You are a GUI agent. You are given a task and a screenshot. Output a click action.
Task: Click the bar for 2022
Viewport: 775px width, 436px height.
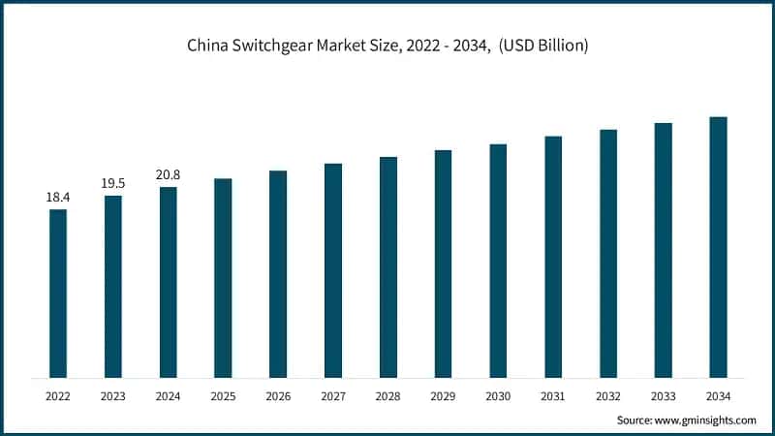point(58,294)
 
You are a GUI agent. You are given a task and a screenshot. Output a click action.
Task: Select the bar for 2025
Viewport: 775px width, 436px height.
point(223,278)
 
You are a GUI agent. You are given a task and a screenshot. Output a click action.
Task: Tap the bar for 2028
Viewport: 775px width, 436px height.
point(388,267)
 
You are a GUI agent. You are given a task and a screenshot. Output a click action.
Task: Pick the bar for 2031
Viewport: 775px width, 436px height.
point(553,257)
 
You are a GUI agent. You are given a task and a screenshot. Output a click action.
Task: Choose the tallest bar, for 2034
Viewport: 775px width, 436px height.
point(718,247)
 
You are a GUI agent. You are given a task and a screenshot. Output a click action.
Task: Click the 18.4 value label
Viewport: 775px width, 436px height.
point(58,198)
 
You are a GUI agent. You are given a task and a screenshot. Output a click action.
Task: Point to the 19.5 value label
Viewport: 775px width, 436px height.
point(113,184)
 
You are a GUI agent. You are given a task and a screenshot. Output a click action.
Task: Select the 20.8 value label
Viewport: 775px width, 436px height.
point(169,175)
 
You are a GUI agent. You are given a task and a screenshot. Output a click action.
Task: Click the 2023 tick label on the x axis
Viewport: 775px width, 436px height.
point(113,395)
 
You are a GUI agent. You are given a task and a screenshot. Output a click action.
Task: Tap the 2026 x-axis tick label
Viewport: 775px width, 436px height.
point(278,395)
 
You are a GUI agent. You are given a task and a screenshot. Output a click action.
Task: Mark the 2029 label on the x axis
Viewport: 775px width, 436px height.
point(443,395)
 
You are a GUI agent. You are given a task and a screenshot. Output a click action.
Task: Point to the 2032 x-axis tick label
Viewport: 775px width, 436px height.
point(608,395)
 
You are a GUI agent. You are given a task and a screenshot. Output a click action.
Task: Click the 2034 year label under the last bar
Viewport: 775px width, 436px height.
point(718,395)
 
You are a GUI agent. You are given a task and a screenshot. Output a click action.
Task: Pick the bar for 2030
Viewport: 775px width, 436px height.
point(498,261)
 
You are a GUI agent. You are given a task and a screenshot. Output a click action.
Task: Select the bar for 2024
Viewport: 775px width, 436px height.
point(169,282)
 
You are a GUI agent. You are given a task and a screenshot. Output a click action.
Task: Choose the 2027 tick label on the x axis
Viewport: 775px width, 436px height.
point(333,395)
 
